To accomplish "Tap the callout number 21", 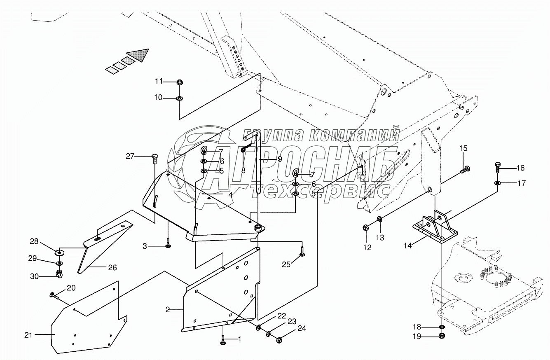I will pyautogui.click(x=28, y=335).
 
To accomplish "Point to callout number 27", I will pyautogui.click(x=131, y=156).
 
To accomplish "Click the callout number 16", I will pyautogui.click(x=520, y=168).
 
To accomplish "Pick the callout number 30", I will pyautogui.click(x=34, y=276).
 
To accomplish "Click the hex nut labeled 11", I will pyautogui.click(x=180, y=82).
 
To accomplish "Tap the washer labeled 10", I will pyautogui.click(x=180, y=98).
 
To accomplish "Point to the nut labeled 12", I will pyautogui.click(x=366, y=227).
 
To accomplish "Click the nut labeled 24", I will pyautogui.click(x=279, y=340).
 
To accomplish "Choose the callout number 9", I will pyautogui.click(x=280, y=159).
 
